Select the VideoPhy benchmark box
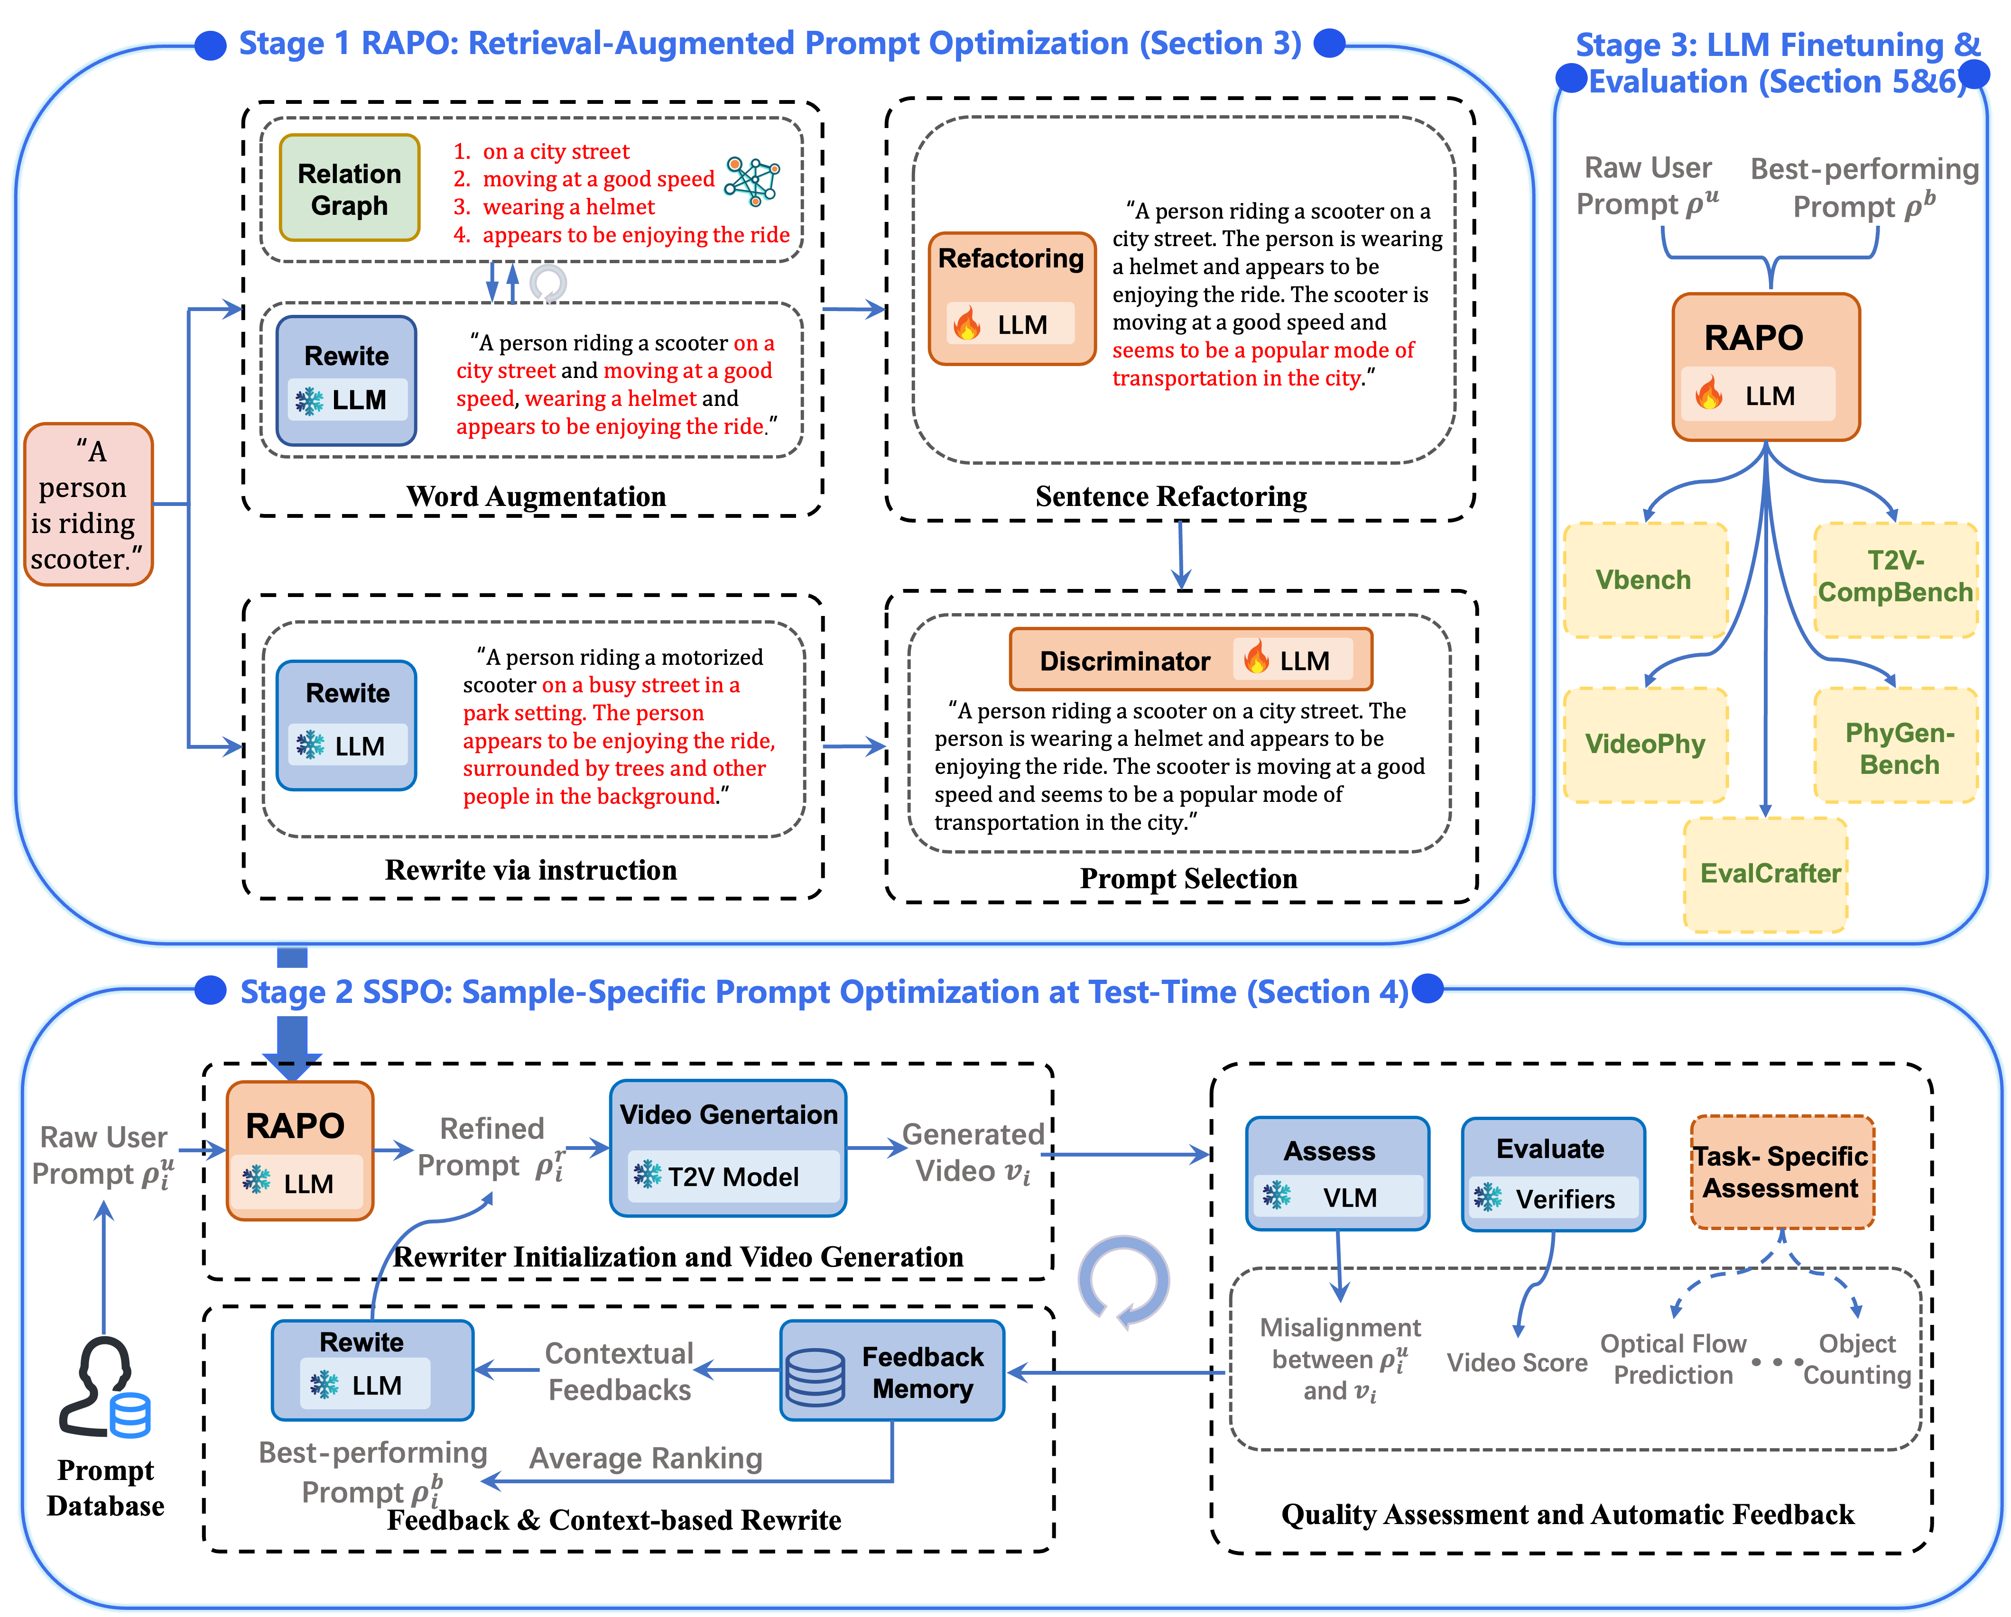(x=1644, y=744)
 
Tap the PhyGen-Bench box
(x=1897, y=746)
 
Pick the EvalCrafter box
(x=1766, y=874)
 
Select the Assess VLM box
(x=1336, y=1173)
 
